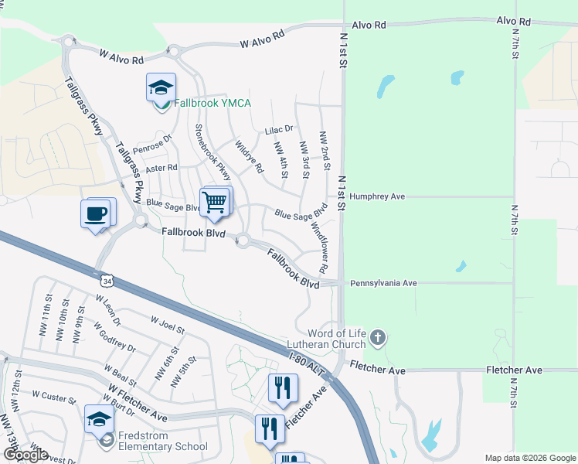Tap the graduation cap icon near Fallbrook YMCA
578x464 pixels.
point(161,88)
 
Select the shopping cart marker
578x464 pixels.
point(215,203)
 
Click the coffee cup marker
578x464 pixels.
point(96,214)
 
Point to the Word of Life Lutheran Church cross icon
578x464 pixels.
point(377,337)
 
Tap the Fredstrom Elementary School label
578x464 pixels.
point(161,446)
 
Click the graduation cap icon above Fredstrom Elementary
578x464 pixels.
point(99,420)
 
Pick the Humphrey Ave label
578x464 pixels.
point(377,196)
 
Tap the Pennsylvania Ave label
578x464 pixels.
point(383,283)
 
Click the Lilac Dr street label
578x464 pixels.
point(279,129)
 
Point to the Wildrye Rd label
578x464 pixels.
point(249,156)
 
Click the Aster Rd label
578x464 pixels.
point(161,167)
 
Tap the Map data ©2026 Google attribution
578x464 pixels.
point(530,457)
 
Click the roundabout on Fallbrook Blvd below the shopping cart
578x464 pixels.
point(243,241)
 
